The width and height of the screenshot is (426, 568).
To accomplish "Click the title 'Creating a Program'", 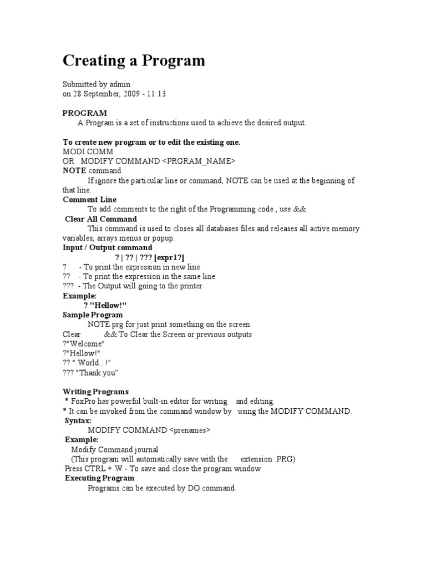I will [134, 60].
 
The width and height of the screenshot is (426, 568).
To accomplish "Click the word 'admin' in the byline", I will [120, 84].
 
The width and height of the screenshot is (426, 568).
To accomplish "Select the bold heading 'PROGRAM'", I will [85, 113].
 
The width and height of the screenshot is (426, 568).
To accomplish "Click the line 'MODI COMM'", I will [88, 151].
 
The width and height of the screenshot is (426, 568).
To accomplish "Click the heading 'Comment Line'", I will [89, 200].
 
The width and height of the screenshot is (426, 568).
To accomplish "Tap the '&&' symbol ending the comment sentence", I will [300, 209].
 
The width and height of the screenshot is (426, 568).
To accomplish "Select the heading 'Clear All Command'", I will [101, 219].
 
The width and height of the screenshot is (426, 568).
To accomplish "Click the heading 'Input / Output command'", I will [108, 247].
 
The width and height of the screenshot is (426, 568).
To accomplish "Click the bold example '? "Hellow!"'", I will [105, 305].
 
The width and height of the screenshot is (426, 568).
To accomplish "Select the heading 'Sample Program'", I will [93, 315].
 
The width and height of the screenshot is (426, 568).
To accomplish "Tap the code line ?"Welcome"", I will [84, 344].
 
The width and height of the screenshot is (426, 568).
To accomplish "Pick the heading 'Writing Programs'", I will [95, 392].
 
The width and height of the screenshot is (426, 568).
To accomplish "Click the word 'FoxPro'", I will [83, 401].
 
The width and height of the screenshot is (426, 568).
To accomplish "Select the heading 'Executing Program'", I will [99, 478].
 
